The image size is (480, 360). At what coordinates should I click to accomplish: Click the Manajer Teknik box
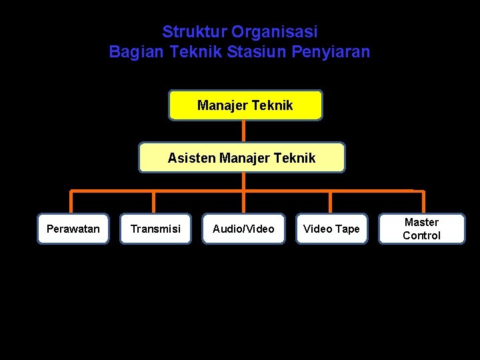pos(245,105)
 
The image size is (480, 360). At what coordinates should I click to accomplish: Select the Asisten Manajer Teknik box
pos(241,158)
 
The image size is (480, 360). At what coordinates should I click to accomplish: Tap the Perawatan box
pos(73,229)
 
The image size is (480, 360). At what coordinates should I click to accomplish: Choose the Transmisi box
pos(155,229)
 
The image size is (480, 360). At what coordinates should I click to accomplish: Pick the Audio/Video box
pos(243,229)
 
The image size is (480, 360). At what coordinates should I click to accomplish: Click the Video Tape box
pos(331,229)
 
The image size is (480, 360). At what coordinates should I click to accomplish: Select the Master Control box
pos(421,229)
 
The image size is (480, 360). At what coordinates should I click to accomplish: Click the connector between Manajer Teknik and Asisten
pos(244,131)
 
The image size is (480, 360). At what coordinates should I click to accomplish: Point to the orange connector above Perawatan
pos(72,202)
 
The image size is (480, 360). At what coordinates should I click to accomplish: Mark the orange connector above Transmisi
pos(154,202)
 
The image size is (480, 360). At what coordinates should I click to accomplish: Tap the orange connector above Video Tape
pos(331,202)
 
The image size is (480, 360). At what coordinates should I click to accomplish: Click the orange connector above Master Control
pos(423,202)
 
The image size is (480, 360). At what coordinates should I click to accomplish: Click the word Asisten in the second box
pos(191,158)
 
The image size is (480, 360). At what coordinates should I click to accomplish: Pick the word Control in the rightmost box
pos(421,235)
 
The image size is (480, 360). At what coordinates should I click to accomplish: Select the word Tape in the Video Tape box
pos(347,229)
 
